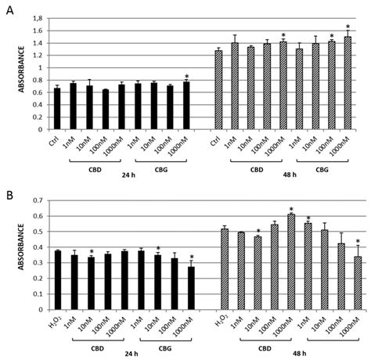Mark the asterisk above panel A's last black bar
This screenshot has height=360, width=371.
pos(186,76)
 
